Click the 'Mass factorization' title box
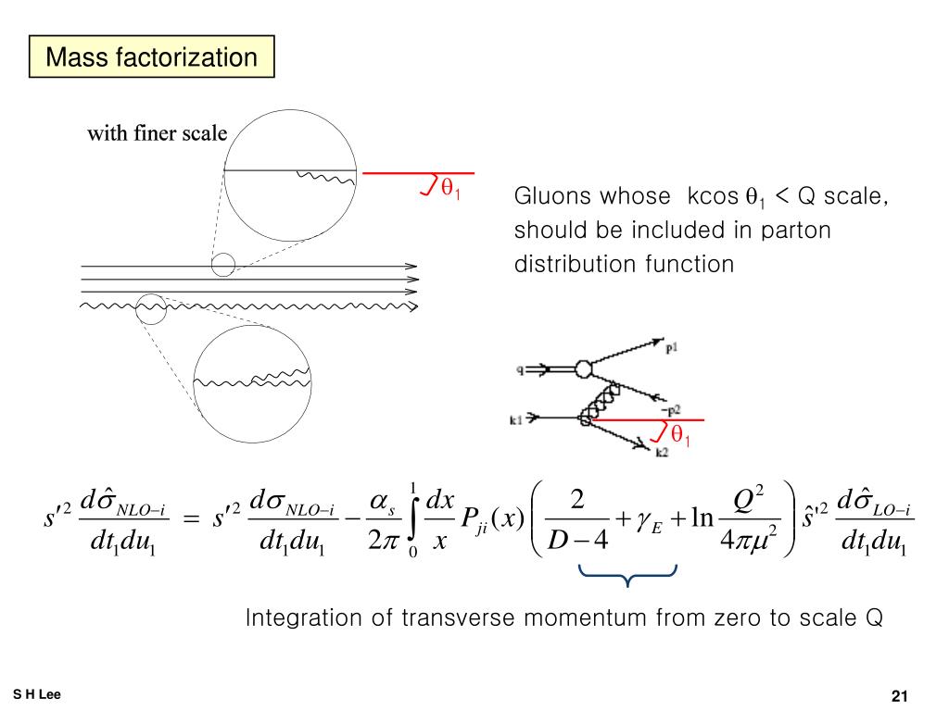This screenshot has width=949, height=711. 151,57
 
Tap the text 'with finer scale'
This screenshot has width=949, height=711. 157,133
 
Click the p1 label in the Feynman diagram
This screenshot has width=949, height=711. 671,347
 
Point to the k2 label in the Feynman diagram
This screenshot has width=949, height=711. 663,453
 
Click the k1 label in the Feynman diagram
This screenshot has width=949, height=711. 517,419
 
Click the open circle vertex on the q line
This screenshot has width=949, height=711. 583,368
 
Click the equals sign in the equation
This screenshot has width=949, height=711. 191,520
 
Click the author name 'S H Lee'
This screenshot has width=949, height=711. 37,694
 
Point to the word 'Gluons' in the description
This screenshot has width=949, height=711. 550,197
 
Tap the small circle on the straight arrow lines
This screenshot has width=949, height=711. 223,265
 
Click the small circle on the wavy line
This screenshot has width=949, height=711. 150,308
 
